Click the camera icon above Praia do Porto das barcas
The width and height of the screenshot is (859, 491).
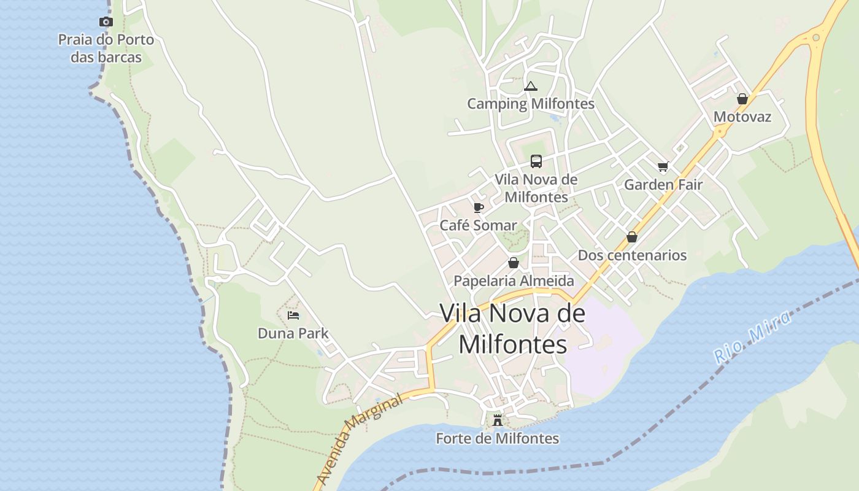tap(106, 22)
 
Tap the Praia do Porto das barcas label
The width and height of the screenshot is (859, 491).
tap(106, 48)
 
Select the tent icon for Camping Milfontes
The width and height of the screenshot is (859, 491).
tap(531, 86)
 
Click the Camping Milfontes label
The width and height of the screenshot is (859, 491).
tap(531, 104)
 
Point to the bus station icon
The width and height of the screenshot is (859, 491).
tap(536, 161)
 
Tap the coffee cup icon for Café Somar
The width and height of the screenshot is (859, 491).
tap(479, 207)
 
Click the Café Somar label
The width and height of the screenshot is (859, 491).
tap(479, 225)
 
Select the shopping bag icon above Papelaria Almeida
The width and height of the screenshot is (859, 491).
tap(514, 263)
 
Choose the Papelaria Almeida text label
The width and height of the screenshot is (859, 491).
tap(514, 281)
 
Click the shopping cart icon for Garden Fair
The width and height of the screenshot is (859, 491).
tap(663, 166)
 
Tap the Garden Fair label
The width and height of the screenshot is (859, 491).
tap(663, 185)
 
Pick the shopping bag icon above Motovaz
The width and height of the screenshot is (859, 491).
tap(742, 99)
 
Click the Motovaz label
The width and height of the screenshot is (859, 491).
tap(742, 117)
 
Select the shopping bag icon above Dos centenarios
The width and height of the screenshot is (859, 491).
tap(632, 237)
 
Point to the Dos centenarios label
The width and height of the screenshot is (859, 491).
tap(632, 255)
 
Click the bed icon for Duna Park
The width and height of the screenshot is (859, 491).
tap(293, 315)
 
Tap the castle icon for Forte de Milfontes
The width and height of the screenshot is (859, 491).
tap(498, 420)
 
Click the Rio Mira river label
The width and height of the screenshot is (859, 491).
tap(753, 337)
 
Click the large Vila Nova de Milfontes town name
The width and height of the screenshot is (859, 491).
tap(513, 328)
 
